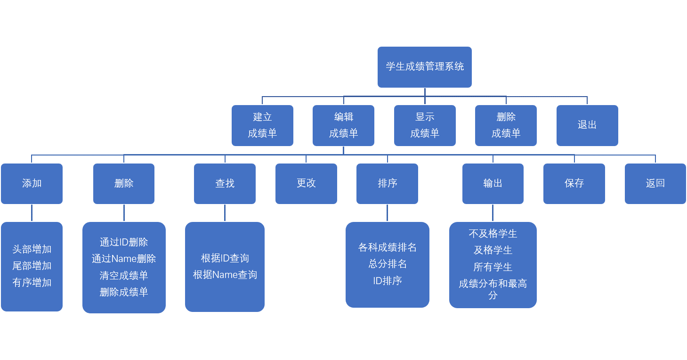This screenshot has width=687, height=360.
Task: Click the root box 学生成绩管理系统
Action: coord(424,67)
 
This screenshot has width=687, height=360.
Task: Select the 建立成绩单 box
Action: coord(262,125)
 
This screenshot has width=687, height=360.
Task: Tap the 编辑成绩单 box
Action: coord(343,125)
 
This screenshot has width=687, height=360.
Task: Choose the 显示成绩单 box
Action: coord(425,125)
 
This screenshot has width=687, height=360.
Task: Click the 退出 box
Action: coord(587,125)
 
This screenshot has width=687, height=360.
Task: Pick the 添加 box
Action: coord(32,184)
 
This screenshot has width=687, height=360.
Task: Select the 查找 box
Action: coord(225,184)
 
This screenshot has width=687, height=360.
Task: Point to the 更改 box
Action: coord(306,184)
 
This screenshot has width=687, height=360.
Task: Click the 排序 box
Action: coord(387,184)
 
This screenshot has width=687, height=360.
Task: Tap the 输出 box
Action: coord(493,184)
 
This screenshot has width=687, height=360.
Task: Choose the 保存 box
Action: coord(574,184)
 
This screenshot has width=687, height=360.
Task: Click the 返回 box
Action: coord(655,184)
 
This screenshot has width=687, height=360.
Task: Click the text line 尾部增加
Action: coord(32,266)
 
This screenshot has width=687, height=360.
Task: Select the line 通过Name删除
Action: coord(124,259)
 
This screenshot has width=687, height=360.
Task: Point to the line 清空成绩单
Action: coord(124,275)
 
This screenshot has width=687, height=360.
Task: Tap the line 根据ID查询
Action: coord(225,258)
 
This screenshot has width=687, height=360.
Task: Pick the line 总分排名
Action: coord(387,264)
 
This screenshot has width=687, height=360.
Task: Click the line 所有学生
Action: coord(493,267)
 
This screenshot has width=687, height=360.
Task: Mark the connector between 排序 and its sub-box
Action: coord(387,213)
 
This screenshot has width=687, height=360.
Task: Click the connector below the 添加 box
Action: coord(32,213)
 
